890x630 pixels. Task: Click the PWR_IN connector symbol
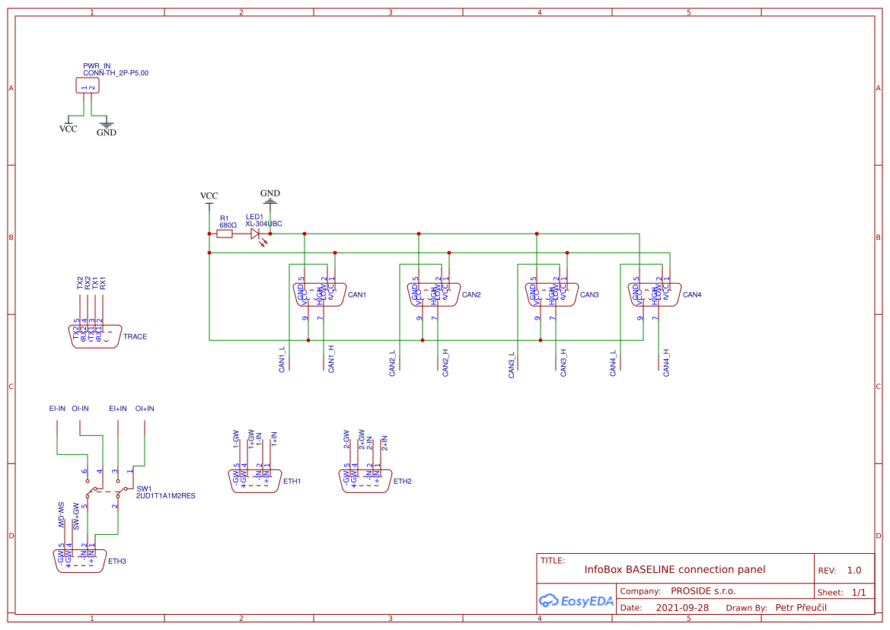pyautogui.click(x=88, y=85)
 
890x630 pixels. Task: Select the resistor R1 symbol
pyautogui.click(x=225, y=234)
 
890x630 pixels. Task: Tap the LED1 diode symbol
pyautogui.click(x=255, y=234)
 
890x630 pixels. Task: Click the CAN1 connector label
pyautogui.click(x=357, y=295)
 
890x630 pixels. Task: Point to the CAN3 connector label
pyautogui.click(x=589, y=295)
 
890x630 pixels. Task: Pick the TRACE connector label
pyautogui.click(x=135, y=337)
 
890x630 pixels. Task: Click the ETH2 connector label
pyautogui.click(x=402, y=482)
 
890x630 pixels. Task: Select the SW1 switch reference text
pyautogui.click(x=144, y=488)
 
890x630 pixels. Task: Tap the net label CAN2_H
pyautogui.click(x=445, y=362)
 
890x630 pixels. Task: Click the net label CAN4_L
pyautogui.click(x=614, y=363)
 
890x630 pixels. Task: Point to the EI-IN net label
pyautogui.click(x=57, y=409)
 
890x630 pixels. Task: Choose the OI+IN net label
pyautogui.click(x=145, y=409)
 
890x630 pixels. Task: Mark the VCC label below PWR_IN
pyautogui.click(x=68, y=129)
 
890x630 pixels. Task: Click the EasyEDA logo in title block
pyautogui.click(x=576, y=600)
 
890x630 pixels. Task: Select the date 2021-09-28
pyautogui.click(x=682, y=608)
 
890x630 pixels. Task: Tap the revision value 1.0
pyautogui.click(x=854, y=571)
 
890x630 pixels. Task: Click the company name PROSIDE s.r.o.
pyautogui.click(x=703, y=591)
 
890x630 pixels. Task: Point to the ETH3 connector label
pyautogui.click(x=116, y=562)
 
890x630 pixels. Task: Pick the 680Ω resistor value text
pyautogui.click(x=228, y=225)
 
